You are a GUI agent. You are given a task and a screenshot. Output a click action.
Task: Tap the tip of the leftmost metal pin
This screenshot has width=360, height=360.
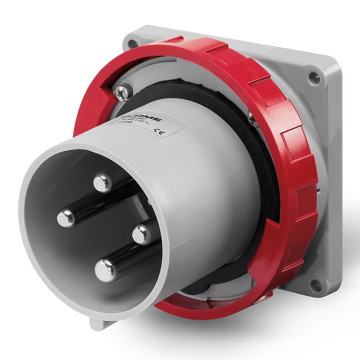(x=66, y=218)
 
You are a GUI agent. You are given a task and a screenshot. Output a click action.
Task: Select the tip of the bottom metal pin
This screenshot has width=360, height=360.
(x=105, y=271)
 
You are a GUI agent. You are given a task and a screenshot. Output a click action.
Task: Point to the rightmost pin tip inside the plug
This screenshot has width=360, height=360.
(x=141, y=234)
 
